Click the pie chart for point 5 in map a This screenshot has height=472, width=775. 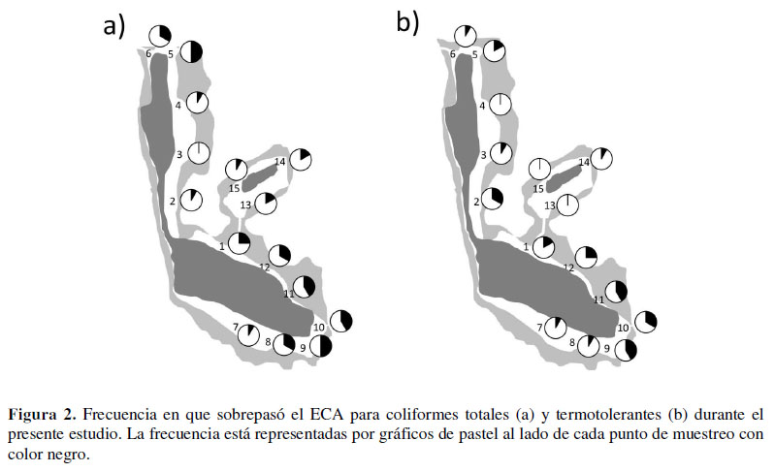click(x=191, y=51)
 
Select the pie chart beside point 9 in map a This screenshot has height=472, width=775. click(x=320, y=346)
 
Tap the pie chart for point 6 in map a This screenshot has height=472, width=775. click(x=160, y=36)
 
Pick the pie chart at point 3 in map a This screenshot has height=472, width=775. click(x=199, y=152)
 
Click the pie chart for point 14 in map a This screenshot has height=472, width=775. click(x=301, y=160)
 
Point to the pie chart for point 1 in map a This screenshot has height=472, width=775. click(x=240, y=243)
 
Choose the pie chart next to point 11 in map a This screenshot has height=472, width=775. click(x=304, y=286)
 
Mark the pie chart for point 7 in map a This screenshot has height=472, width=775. click(x=248, y=335)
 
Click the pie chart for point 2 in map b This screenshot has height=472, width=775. click(x=493, y=199)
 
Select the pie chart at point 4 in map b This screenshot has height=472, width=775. click(x=501, y=104)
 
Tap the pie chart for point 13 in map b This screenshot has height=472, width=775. click(x=567, y=205)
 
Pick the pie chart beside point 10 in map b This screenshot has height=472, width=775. click(x=646, y=322)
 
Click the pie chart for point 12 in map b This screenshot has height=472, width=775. click(x=586, y=257)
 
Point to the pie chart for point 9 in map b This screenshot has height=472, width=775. click(x=626, y=350)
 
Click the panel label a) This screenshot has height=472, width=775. click(x=113, y=25)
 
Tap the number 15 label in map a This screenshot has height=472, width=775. click(x=235, y=188)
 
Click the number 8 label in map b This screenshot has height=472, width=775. click(x=572, y=342)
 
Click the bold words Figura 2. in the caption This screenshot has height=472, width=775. click(x=43, y=414)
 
